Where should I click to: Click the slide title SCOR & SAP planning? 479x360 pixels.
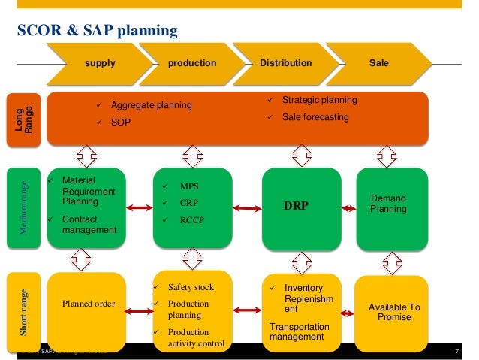(x=98, y=31)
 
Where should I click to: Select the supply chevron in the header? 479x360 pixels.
(x=100, y=63)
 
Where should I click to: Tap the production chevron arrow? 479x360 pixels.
(x=192, y=63)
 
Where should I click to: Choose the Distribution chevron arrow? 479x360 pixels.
(x=285, y=63)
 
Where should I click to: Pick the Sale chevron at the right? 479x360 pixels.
(x=379, y=63)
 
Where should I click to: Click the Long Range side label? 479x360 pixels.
(x=24, y=119)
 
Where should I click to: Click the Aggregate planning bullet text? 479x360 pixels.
(x=151, y=105)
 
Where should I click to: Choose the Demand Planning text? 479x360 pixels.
(x=389, y=204)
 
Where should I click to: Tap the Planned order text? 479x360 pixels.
(x=86, y=304)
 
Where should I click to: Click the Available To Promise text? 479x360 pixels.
(x=395, y=312)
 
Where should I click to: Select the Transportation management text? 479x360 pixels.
(x=299, y=331)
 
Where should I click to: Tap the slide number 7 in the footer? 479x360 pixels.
(x=457, y=352)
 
